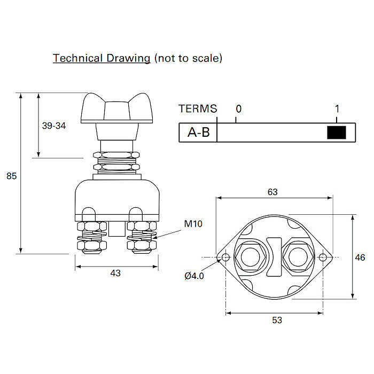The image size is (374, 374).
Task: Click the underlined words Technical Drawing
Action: tap(101, 58)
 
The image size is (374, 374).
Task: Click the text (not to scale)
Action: tap(188, 58)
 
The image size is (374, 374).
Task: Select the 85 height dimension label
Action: tap(11, 175)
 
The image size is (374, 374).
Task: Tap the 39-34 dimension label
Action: tap(53, 126)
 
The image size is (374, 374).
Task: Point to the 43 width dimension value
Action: tap(115, 273)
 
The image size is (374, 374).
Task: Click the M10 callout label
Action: tap(193, 223)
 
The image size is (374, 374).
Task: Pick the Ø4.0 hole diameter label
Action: tap(194, 276)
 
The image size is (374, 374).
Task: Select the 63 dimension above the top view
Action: tap(272, 192)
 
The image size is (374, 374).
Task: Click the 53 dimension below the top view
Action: tap(277, 320)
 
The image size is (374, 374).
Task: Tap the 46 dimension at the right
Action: tap(360, 258)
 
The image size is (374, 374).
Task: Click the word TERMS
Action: tap(198, 109)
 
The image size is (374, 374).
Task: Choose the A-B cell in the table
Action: tap(198, 133)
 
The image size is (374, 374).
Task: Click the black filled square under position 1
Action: tap(337, 133)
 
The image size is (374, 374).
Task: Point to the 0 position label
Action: tap(238, 109)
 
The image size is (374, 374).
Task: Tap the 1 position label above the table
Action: tap(337, 109)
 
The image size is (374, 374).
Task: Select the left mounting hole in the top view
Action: tap(226, 258)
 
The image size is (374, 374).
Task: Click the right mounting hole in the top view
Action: tap(323, 258)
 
